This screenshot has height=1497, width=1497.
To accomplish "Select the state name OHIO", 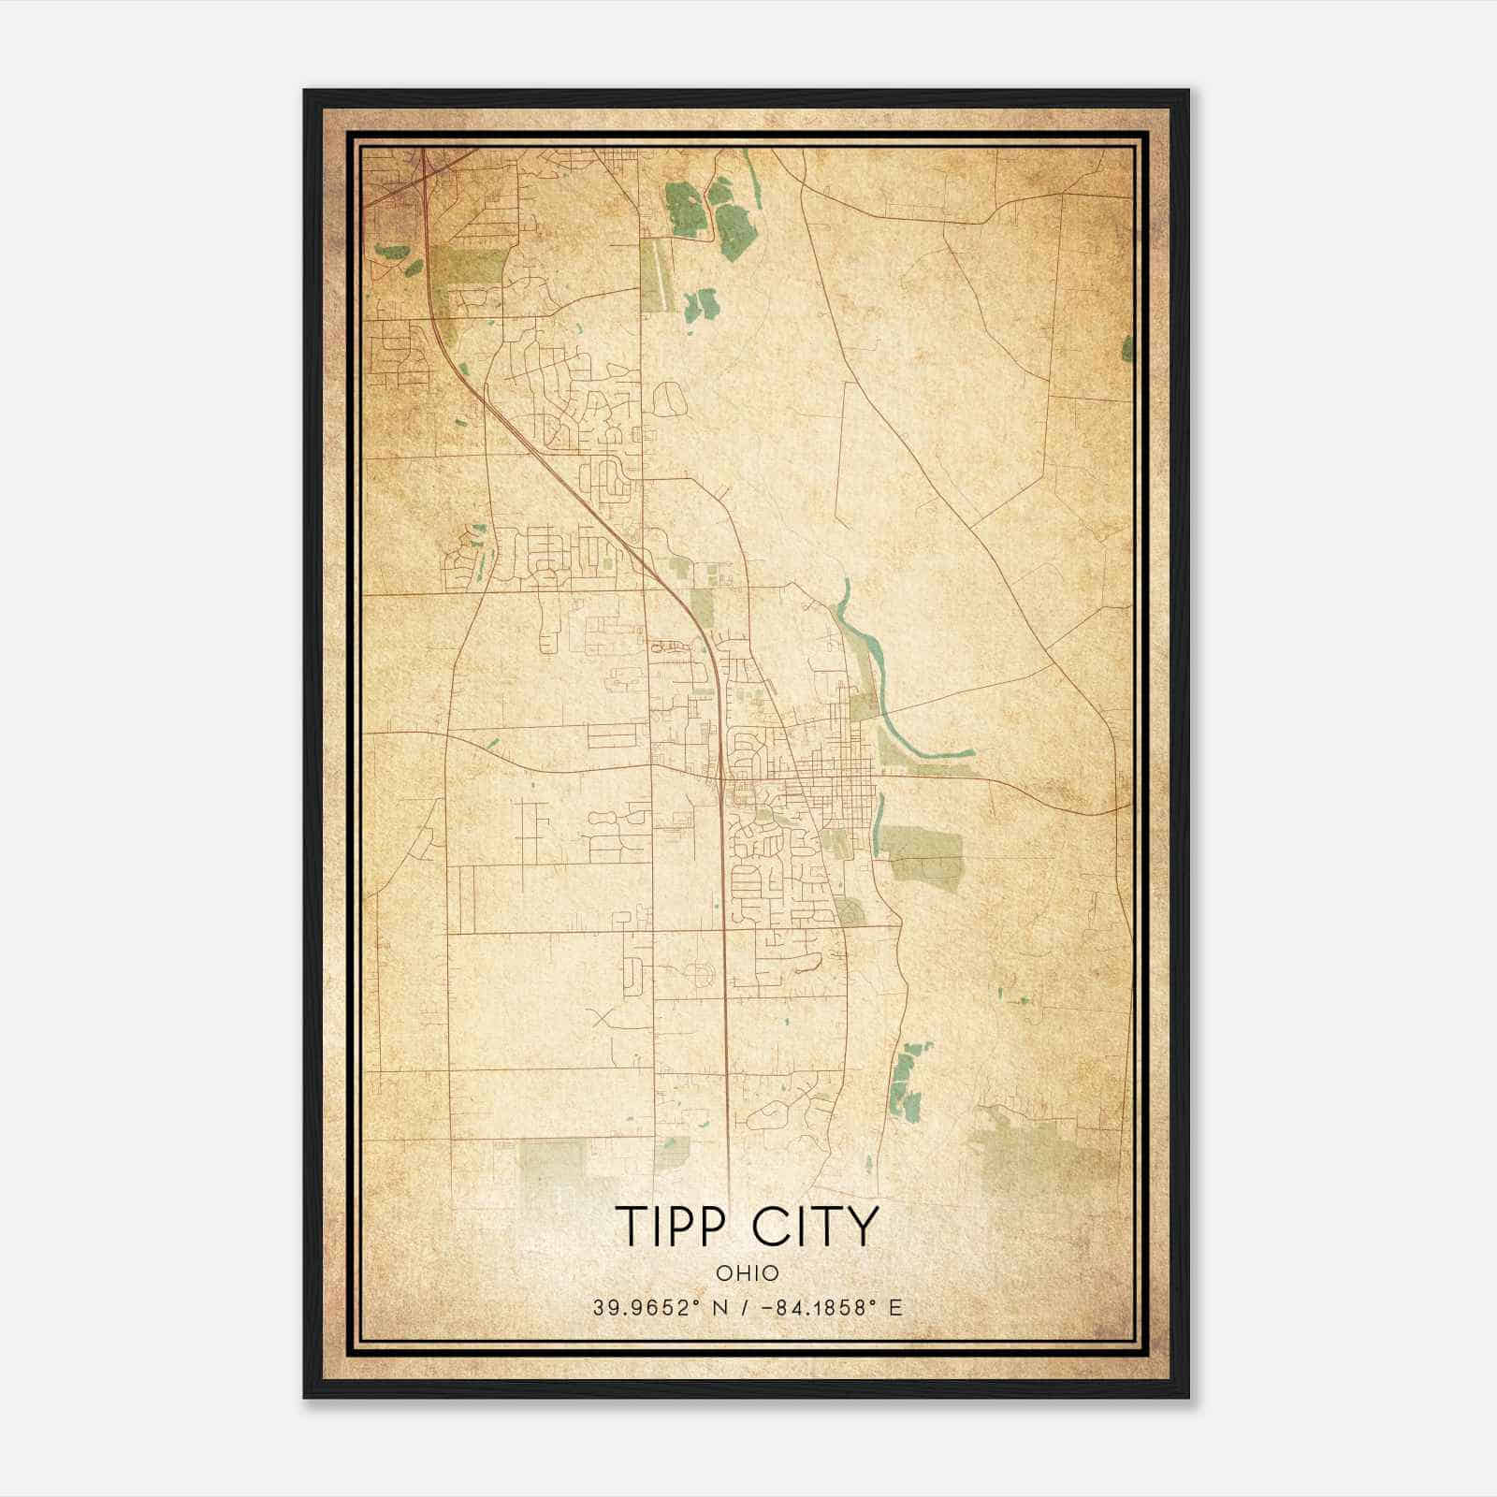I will [748, 1272].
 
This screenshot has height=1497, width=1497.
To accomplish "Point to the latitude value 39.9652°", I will [647, 1308].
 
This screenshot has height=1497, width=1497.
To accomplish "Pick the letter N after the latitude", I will [719, 1308].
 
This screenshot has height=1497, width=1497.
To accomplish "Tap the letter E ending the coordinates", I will [896, 1308].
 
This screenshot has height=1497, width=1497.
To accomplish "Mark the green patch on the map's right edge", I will [1126, 348].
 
